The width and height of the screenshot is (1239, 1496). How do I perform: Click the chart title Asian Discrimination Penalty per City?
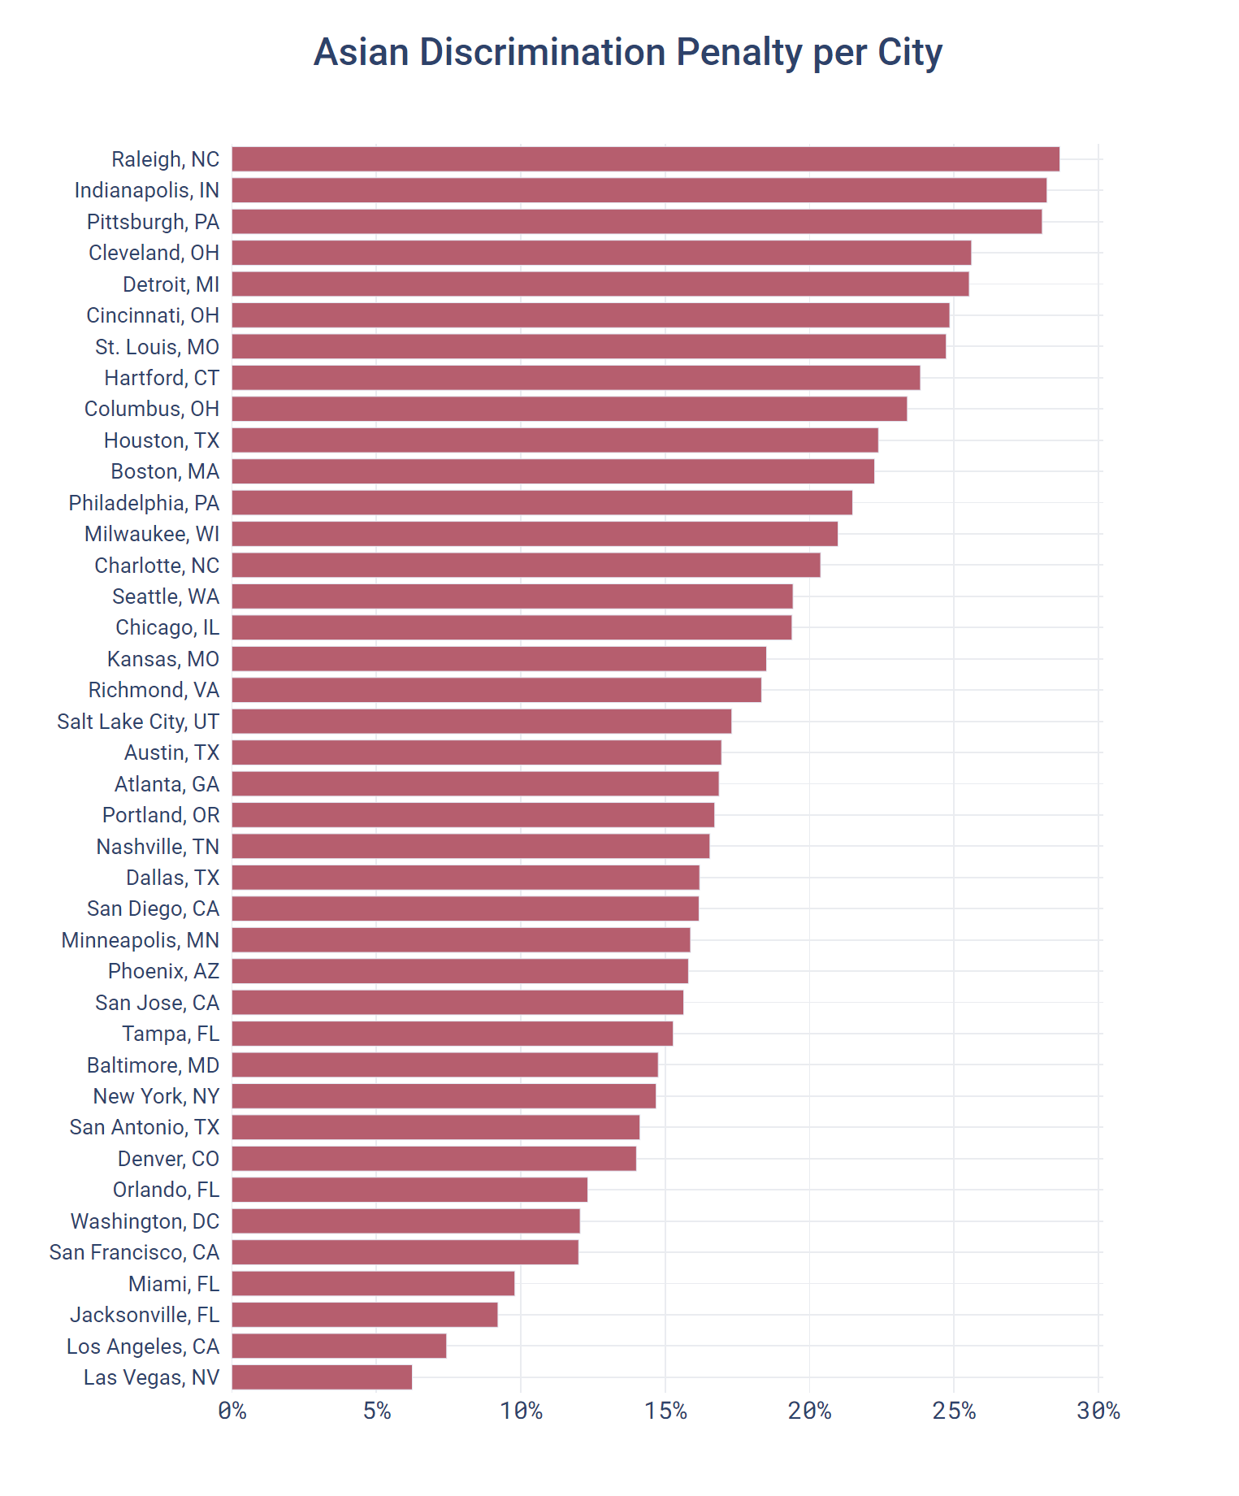pos(627,53)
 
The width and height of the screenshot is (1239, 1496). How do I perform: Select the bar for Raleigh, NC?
pos(645,159)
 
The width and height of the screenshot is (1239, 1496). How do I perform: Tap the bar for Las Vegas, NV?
pos(322,1377)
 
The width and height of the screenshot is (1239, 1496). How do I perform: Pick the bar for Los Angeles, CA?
pos(339,1346)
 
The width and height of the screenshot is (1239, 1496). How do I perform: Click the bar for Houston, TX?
pos(555,440)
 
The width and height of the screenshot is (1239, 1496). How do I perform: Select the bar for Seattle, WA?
pos(512,596)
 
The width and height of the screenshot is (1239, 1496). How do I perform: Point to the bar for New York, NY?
pos(444,1096)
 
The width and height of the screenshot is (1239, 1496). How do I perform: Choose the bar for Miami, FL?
pos(373,1283)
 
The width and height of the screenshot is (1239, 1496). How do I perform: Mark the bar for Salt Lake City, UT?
pos(482,721)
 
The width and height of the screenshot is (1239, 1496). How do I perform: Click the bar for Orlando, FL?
pos(409,1190)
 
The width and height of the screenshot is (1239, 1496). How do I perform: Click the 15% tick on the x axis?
pos(665,1411)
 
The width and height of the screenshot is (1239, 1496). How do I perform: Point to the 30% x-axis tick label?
pos(1098,1411)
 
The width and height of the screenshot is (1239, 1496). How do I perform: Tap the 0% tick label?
pos(232,1411)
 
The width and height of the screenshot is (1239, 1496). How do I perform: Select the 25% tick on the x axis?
pos(954,1411)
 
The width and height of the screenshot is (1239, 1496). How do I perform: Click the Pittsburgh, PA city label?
pos(153,222)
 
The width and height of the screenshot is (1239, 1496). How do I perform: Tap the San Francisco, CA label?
pos(134,1252)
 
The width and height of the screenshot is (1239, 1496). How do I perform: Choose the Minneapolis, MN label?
pos(140,940)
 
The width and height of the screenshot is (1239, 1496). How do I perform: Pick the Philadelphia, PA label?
pos(144,503)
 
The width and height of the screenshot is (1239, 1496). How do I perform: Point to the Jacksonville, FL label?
pos(145,1315)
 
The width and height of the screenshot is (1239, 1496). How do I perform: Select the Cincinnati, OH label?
pos(153,315)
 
